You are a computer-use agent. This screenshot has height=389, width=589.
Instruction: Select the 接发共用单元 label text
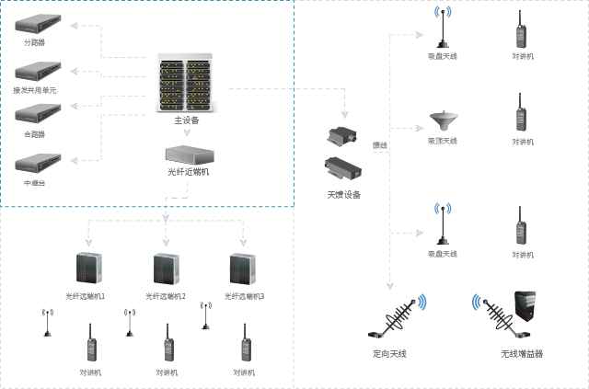pyautogui.click(x=34, y=90)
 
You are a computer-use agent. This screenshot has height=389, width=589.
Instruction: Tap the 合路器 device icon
pyautogui.click(x=39, y=114)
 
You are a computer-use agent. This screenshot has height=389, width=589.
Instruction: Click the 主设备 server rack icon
pyautogui.click(x=185, y=82)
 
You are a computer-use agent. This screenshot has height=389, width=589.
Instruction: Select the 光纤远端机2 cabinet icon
pyautogui.click(x=166, y=267)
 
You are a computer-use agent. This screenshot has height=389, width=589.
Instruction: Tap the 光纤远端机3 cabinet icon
pyautogui.click(x=242, y=267)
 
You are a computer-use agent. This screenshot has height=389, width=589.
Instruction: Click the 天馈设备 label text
pyautogui.click(x=343, y=195)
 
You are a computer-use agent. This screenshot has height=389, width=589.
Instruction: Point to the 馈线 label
pyautogui.click(x=379, y=145)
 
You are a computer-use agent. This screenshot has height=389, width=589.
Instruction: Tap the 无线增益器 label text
pyautogui.click(x=522, y=353)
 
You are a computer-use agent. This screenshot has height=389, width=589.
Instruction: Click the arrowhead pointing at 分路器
pyautogui.click(x=75, y=26)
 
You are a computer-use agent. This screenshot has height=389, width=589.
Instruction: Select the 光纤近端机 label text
pyautogui.click(x=188, y=171)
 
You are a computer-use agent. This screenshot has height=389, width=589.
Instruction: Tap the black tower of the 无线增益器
pyautogui.click(x=525, y=309)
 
